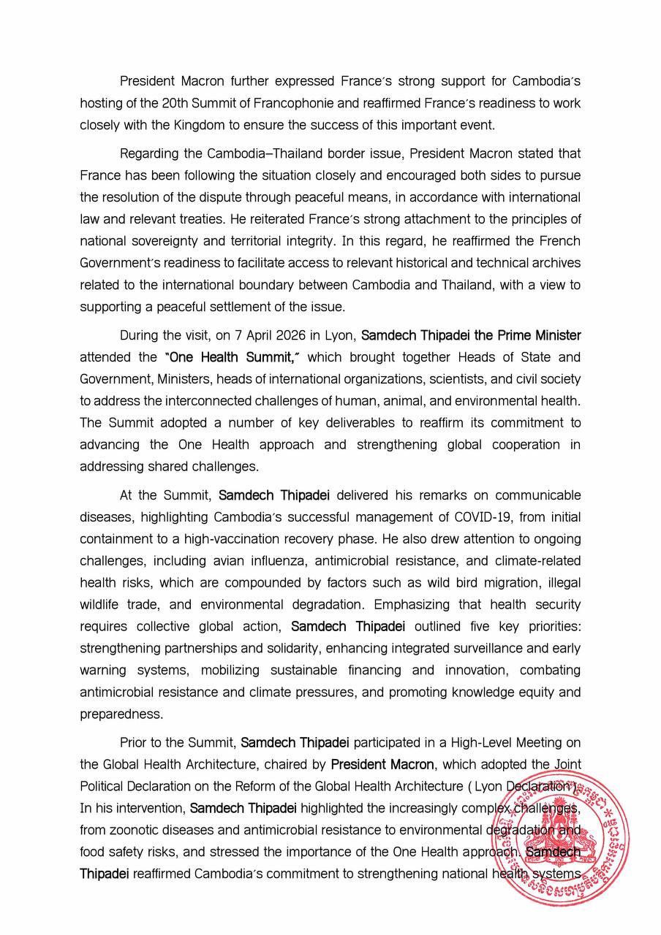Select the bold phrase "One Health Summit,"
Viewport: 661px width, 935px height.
pos(234,357)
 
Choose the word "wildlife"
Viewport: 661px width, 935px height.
pos(100,605)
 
